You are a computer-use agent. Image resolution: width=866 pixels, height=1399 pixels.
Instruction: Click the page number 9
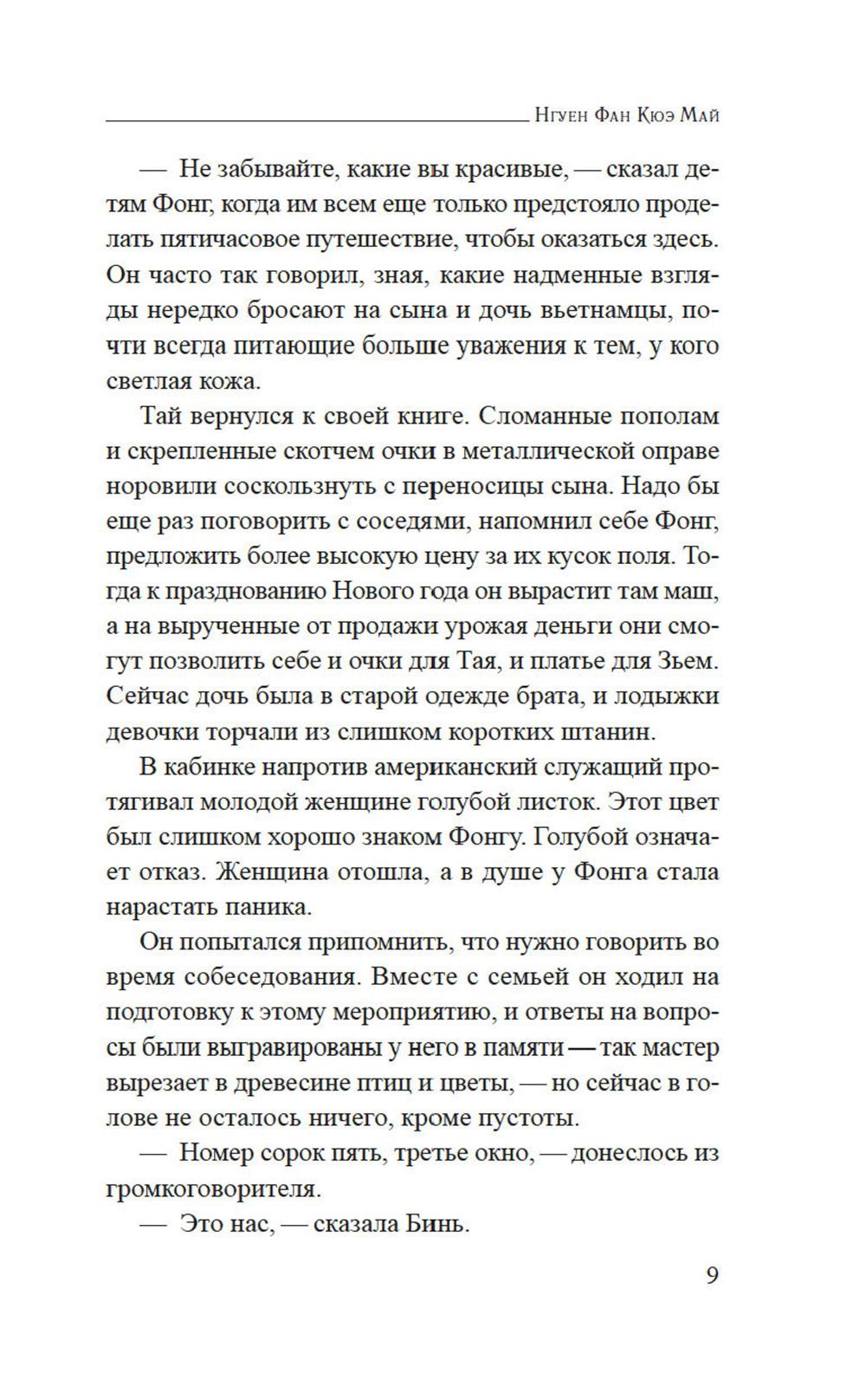pyautogui.click(x=711, y=1275)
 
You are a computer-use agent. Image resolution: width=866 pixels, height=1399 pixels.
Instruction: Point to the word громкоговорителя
pyautogui.click(x=213, y=1189)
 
